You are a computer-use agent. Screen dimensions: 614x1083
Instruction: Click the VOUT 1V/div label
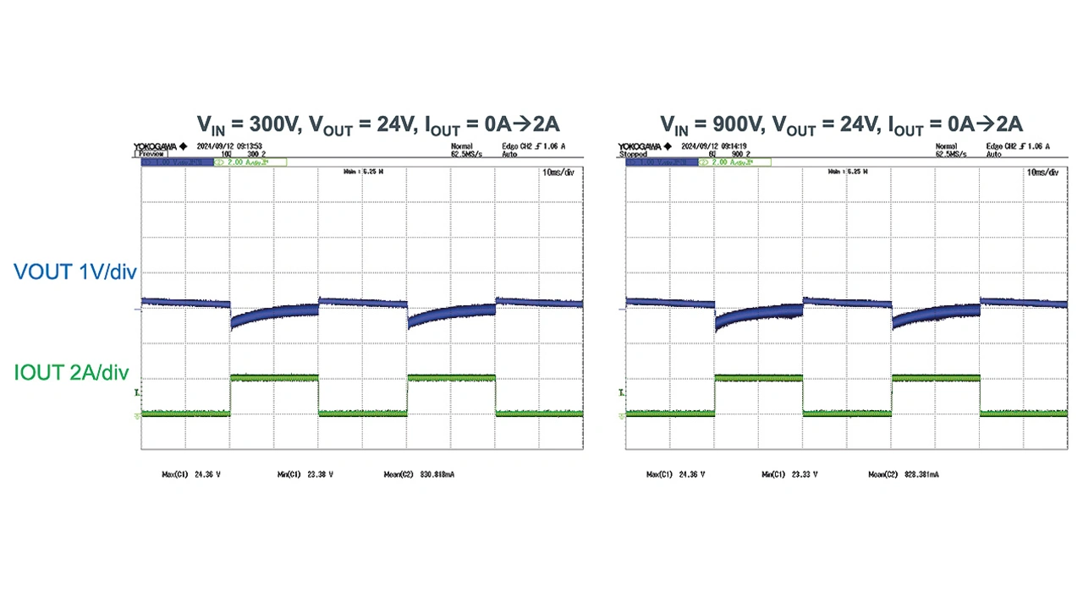74,271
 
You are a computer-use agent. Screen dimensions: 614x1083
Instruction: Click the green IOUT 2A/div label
74,371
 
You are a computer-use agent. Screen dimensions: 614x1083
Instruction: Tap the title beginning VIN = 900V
842,125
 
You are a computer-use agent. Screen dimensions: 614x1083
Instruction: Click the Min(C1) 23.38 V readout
305,475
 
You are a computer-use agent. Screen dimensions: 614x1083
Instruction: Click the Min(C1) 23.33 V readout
789,475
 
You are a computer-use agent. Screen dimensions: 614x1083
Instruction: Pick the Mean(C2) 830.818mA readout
419,475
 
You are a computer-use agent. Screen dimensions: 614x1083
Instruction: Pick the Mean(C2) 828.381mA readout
903,475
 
